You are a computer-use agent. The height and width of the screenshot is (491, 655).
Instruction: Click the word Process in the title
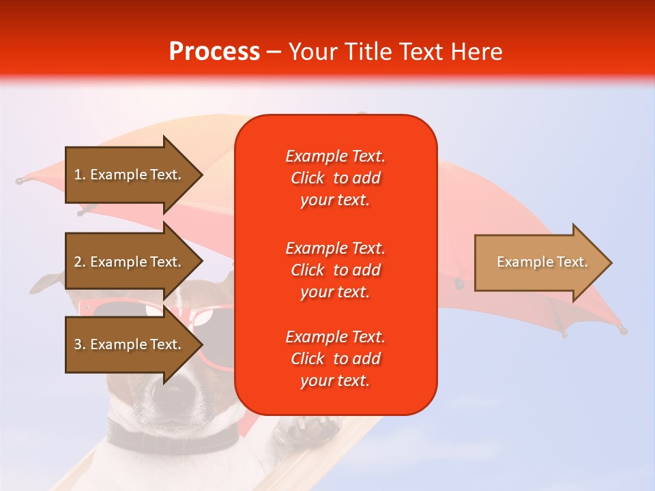[x=214, y=52]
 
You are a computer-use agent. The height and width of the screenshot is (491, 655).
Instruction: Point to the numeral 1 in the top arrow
[x=78, y=175]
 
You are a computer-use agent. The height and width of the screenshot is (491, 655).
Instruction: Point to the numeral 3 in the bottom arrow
[x=78, y=344]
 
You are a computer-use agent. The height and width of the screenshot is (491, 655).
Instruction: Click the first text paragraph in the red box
[x=335, y=178]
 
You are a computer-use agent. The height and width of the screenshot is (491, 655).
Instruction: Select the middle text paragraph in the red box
[x=335, y=270]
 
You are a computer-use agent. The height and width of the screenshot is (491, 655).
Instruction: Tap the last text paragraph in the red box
[x=335, y=359]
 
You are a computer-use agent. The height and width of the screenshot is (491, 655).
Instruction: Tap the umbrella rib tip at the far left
[x=19, y=181]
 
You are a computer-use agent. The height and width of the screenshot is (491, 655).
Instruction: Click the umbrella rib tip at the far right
[x=622, y=331]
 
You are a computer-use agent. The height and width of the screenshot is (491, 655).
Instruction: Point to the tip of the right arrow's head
[x=611, y=263]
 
